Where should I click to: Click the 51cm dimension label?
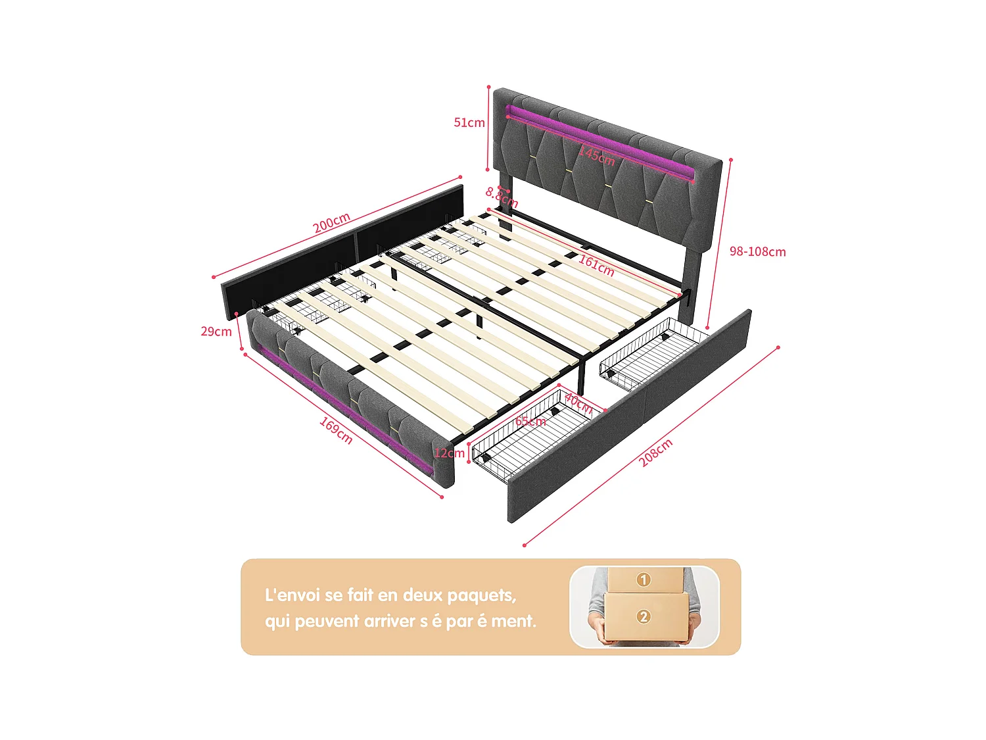coord(469,123)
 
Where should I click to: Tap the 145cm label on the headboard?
coord(597,156)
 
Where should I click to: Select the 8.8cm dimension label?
coord(502,197)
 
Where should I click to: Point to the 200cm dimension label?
coord(331,223)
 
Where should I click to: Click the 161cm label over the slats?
coord(596,265)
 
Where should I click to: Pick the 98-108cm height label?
coord(757,252)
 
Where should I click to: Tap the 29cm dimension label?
coord(216,332)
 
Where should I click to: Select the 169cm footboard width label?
coord(337,430)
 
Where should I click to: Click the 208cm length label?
coord(655,453)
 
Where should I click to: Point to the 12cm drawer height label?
coord(449,453)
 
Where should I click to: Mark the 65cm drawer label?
coord(530,421)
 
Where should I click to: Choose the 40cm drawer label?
coord(578,403)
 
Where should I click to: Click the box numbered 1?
coord(644,580)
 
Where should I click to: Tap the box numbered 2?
coord(644,616)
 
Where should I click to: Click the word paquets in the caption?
coord(481,596)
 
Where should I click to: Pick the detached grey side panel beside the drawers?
coord(631,414)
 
